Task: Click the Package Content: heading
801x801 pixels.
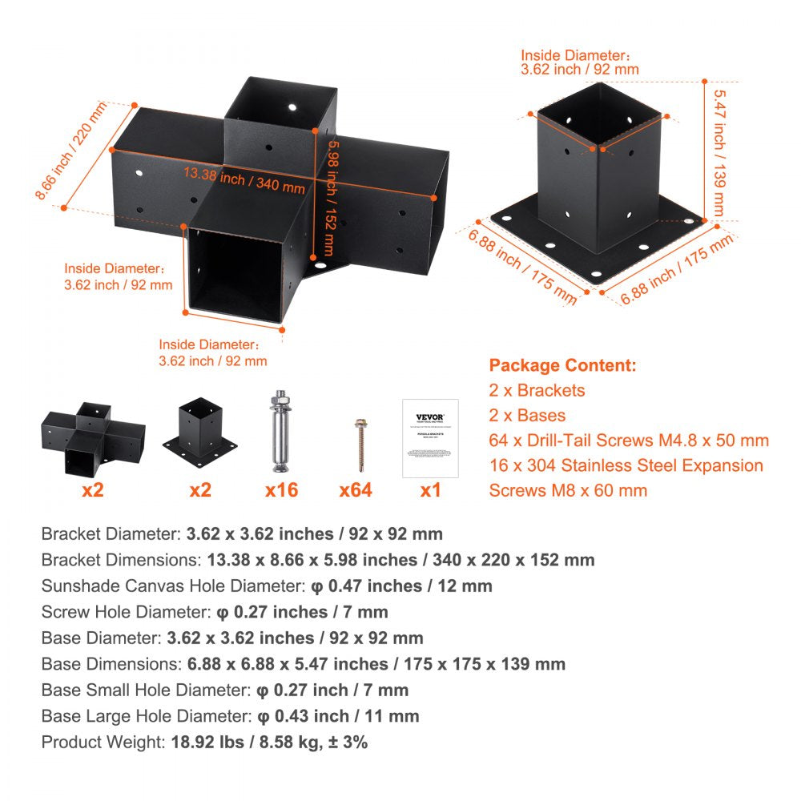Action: (562, 365)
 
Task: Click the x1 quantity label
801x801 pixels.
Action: (430, 489)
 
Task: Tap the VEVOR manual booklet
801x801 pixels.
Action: (430, 438)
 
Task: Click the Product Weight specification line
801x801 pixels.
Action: (204, 742)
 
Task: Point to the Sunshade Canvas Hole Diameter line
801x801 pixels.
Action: (267, 586)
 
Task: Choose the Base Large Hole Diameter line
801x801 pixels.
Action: (230, 716)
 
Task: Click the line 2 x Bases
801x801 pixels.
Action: (527, 415)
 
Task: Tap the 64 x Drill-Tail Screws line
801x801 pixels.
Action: (629, 440)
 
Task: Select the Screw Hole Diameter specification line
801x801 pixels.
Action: (215, 612)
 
